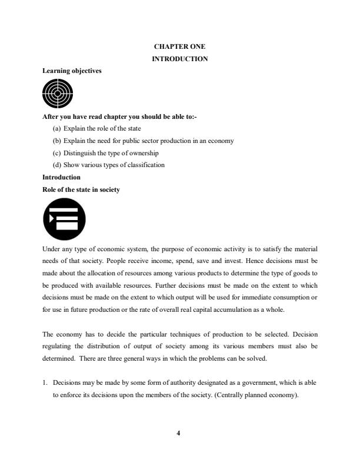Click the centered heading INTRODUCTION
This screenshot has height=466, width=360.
(179, 59)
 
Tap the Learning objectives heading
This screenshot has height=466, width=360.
(72, 71)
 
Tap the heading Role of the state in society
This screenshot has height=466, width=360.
(81, 189)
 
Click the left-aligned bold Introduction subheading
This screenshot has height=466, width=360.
(61, 177)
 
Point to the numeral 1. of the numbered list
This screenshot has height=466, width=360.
(45, 382)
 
